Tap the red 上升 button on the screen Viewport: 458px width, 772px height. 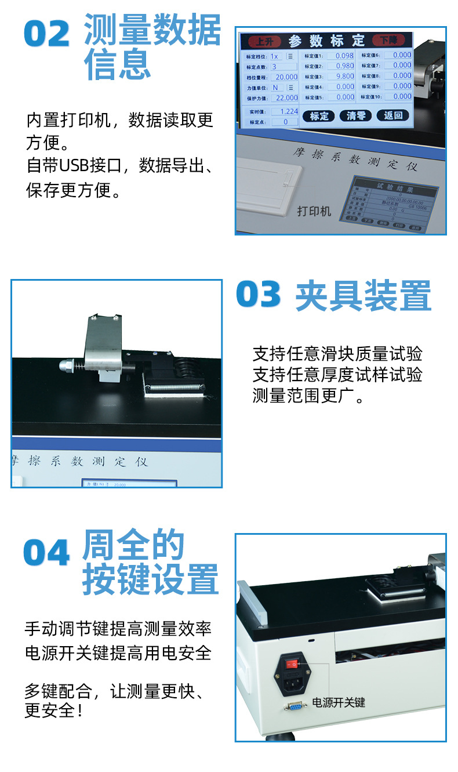264,41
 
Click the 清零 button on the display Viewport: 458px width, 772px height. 355,115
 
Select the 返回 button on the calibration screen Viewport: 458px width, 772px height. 392,115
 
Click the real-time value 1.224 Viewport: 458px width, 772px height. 287,111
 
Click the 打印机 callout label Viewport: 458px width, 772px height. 314,211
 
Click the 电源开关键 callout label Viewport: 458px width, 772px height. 339,702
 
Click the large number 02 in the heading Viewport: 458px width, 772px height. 47,34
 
